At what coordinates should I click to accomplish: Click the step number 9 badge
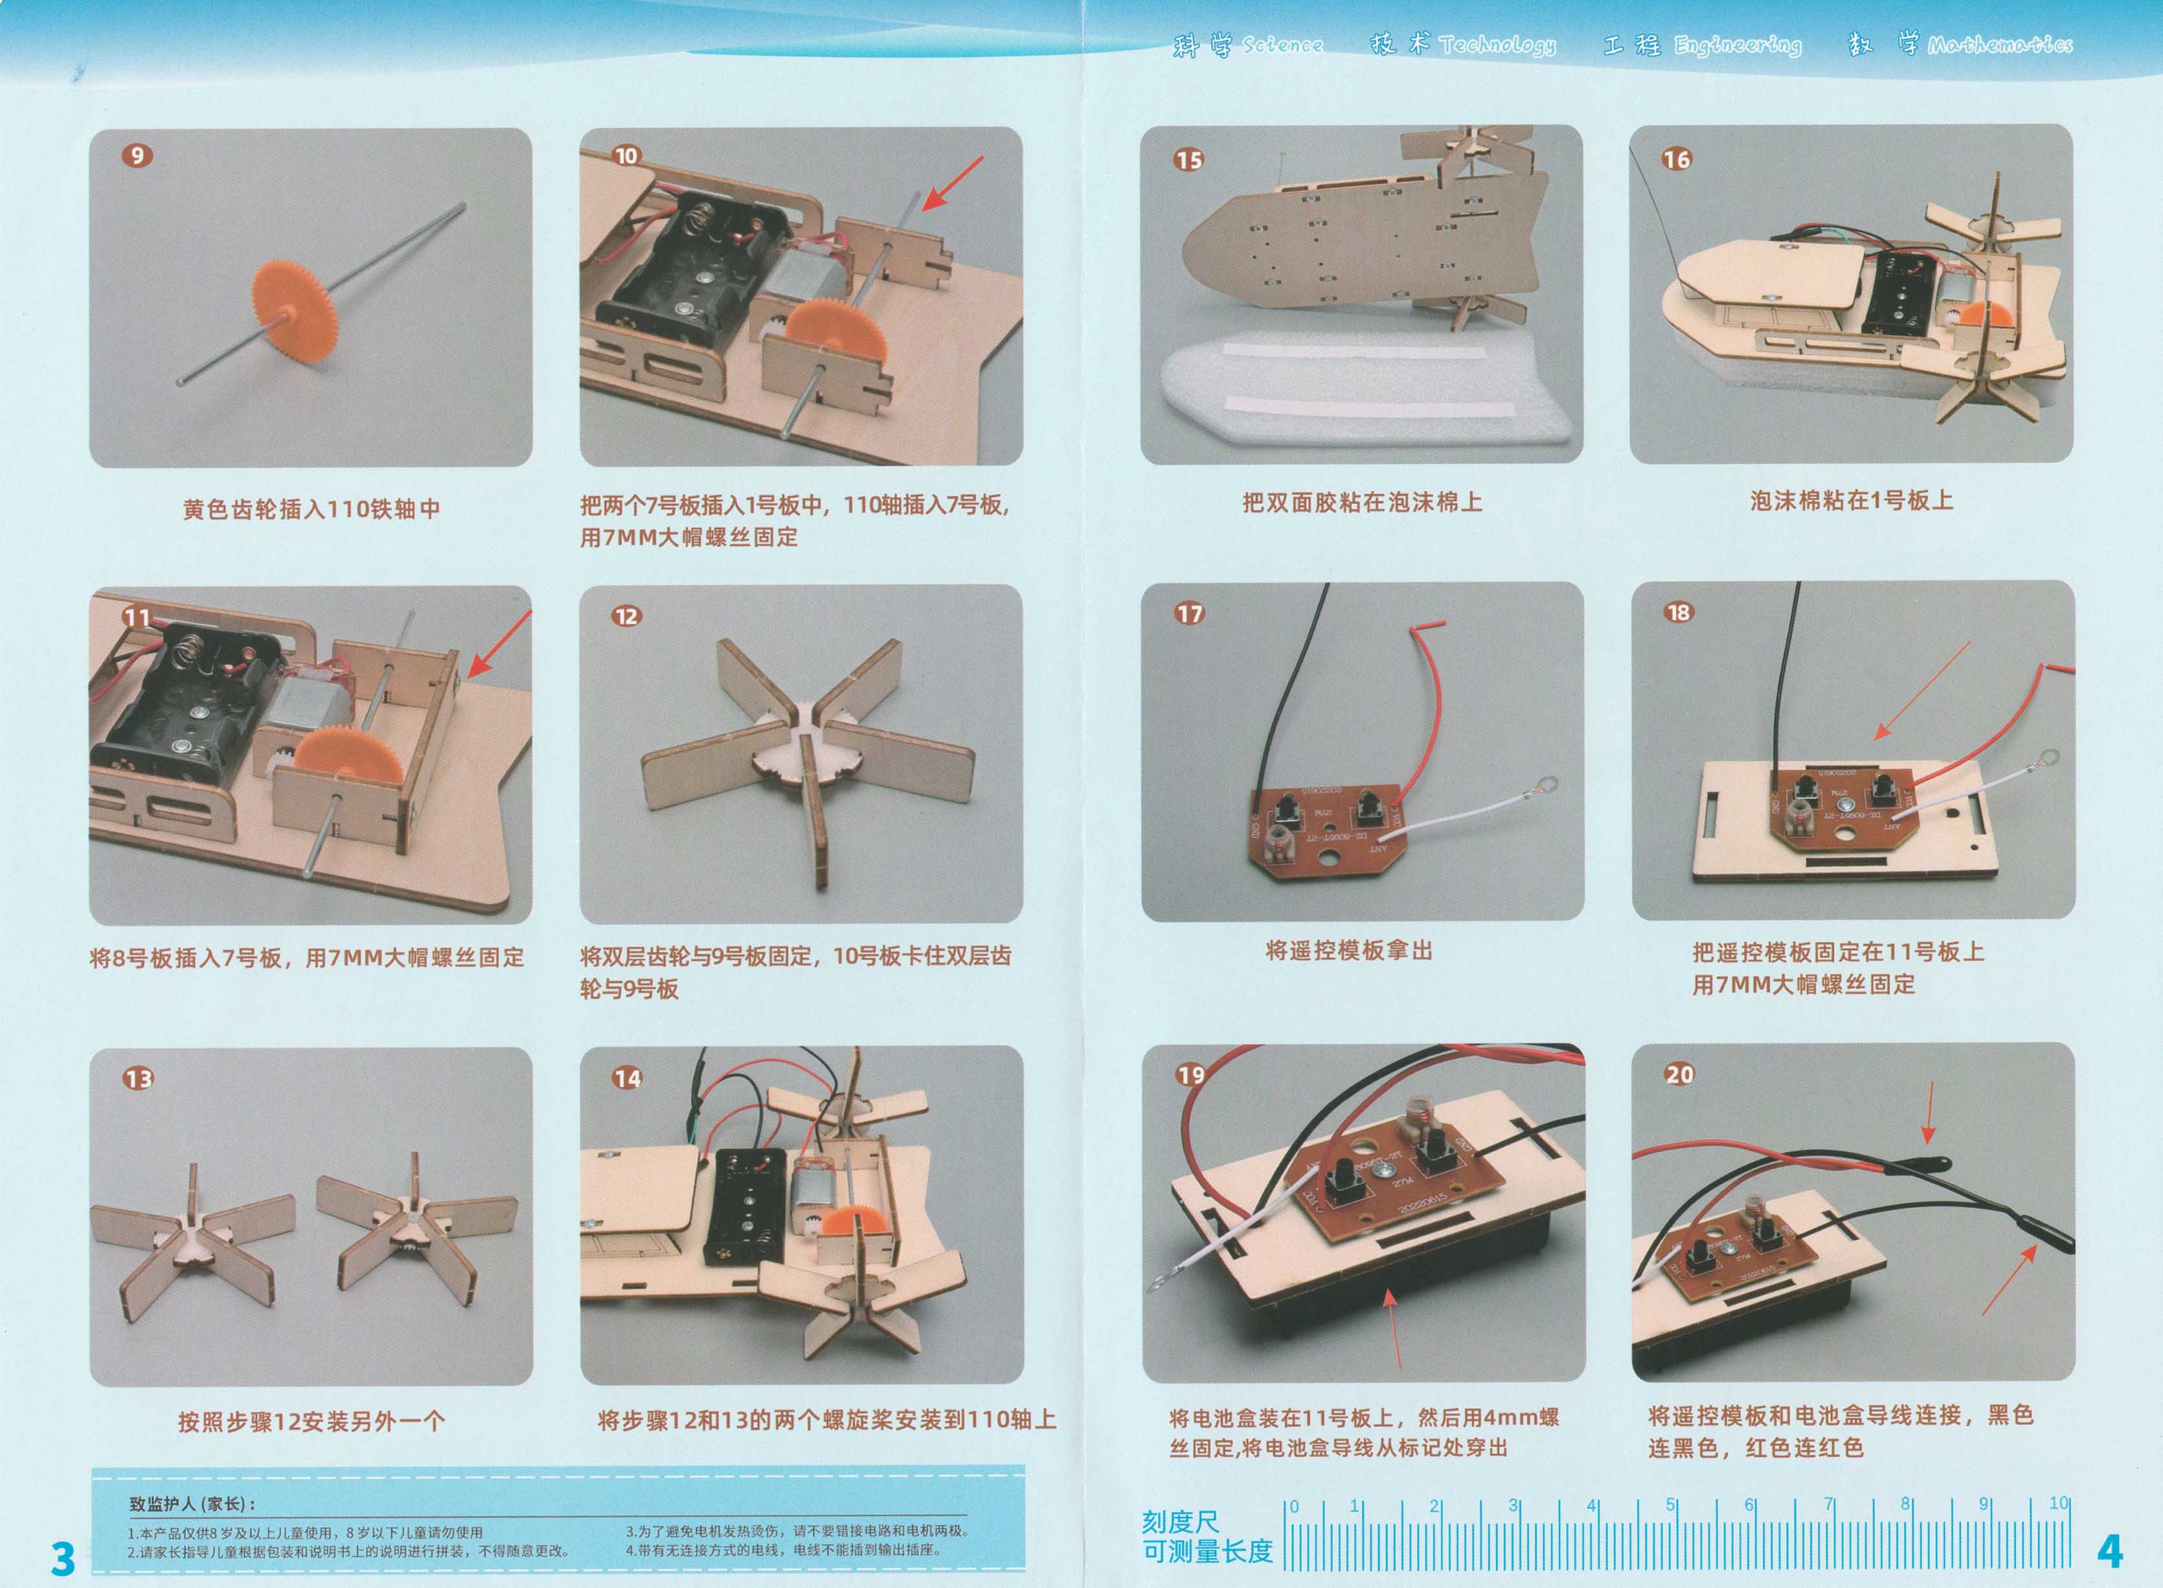point(137,155)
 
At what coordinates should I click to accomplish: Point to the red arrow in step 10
point(953,183)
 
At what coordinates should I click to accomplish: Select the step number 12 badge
point(626,616)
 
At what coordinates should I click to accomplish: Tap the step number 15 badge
point(1188,159)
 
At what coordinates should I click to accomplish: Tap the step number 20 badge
point(1679,1074)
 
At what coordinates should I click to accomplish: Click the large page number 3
point(62,1558)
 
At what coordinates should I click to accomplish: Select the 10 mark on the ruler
point(2058,1503)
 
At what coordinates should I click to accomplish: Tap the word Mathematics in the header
point(2000,44)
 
